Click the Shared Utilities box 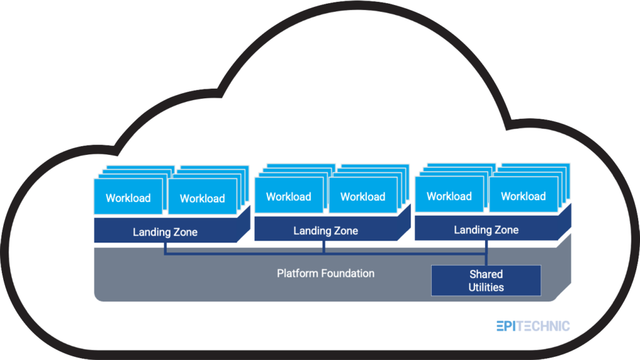486,281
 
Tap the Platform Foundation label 326,274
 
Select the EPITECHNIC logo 533,326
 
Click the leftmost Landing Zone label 165,232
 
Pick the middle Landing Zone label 326,231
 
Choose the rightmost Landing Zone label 486,230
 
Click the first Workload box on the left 128,198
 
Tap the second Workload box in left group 202,199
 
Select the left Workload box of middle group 289,197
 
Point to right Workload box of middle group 362,197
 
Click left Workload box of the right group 449,196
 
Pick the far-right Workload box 523,196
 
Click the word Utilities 486,287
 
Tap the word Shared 486,274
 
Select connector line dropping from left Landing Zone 165,248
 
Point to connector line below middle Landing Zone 324,247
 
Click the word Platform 297,274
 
